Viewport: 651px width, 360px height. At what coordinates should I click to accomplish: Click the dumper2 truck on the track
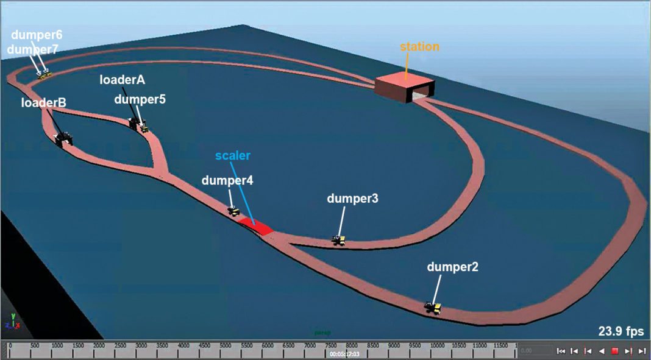tap(433, 308)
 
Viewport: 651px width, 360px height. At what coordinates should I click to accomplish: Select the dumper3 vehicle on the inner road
tap(338, 240)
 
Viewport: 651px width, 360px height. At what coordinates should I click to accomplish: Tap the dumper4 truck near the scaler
tap(233, 211)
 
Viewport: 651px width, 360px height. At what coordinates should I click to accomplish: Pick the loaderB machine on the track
tap(63, 139)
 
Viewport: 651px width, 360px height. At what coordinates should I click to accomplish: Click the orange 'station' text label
tap(419, 47)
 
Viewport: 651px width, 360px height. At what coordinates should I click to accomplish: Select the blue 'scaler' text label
tap(233, 155)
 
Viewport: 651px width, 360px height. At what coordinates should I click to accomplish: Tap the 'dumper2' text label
tap(453, 266)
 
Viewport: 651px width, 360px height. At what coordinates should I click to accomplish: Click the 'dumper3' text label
tap(352, 199)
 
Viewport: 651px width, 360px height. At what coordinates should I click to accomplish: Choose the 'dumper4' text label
tap(227, 180)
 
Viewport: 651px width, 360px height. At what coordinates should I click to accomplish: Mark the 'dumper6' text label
tap(37, 35)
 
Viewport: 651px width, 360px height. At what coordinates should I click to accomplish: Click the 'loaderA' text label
tap(123, 80)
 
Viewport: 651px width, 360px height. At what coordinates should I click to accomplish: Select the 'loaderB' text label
tap(44, 103)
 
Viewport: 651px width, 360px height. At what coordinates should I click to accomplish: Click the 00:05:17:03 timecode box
tap(344, 353)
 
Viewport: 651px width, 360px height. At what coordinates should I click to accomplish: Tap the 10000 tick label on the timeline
tap(436, 345)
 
